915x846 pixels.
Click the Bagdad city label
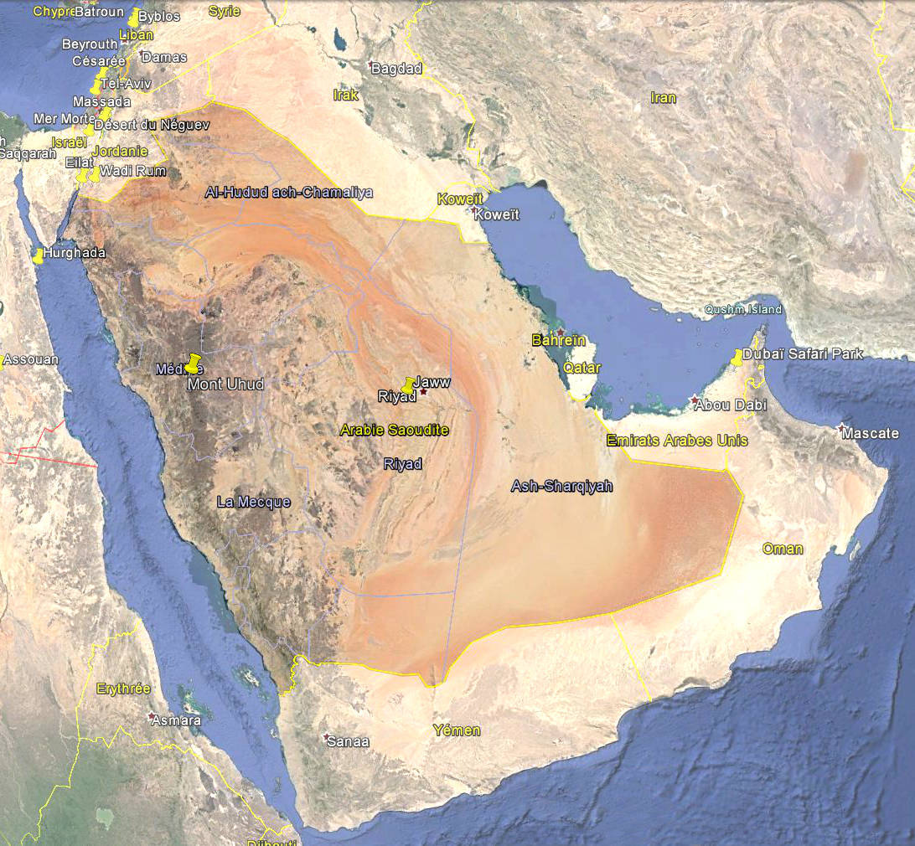(x=396, y=69)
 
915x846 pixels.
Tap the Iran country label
(x=663, y=98)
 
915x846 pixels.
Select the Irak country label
(x=346, y=95)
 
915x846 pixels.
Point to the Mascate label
(x=871, y=434)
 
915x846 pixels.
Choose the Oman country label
(x=783, y=549)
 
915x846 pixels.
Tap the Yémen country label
(x=457, y=730)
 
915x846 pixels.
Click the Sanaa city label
(x=348, y=741)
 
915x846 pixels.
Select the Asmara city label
(x=175, y=720)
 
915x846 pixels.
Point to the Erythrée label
(x=123, y=689)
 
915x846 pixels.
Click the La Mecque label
(x=253, y=502)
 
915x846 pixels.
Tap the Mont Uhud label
(x=225, y=384)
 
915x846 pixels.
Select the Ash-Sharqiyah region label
(x=561, y=486)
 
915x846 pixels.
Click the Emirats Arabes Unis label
(x=677, y=441)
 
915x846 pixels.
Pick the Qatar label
(x=582, y=368)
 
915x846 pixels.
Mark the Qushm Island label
(x=743, y=310)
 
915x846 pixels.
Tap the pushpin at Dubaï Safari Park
(x=737, y=358)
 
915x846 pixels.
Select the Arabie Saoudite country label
(x=394, y=430)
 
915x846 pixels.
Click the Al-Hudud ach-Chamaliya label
(x=289, y=193)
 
